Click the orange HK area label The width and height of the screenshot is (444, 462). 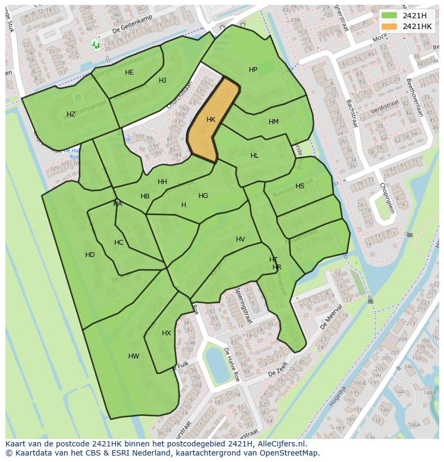(x=211, y=120)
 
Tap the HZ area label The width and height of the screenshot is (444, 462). (x=71, y=114)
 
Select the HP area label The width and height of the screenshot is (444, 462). (x=253, y=70)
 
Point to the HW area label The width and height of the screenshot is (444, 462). (x=134, y=356)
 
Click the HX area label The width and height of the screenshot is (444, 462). (x=166, y=333)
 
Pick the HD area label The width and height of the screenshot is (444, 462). (x=90, y=255)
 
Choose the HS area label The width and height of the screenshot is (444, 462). (x=300, y=186)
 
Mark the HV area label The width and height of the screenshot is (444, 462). (x=240, y=239)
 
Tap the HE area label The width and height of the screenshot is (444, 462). (x=129, y=72)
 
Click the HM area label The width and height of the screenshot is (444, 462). (x=273, y=122)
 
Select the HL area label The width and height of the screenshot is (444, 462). (x=254, y=156)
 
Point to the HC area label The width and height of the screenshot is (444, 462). (x=119, y=243)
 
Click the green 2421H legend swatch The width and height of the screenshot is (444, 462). (x=389, y=16)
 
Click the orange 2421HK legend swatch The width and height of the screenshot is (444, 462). (x=389, y=26)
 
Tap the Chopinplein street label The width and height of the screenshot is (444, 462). (x=388, y=197)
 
